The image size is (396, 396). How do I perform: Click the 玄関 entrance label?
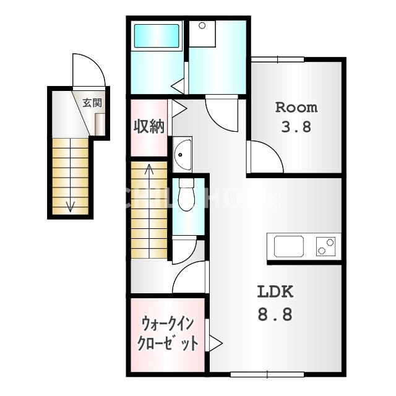click(x=92, y=103)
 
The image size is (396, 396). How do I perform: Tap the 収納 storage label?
click(x=148, y=126)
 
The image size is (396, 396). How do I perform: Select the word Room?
click(x=296, y=107)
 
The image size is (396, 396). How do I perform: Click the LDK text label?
click(x=274, y=292)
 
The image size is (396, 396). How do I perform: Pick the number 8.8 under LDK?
click(x=274, y=315)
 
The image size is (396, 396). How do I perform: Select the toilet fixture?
click(x=184, y=197)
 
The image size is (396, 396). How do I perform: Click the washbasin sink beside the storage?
click(x=182, y=153)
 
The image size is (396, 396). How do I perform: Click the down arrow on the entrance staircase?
click(x=70, y=205)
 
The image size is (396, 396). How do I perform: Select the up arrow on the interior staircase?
click(x=149, y=168)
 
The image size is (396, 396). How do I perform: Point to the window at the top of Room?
click(x=278, y=59)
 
